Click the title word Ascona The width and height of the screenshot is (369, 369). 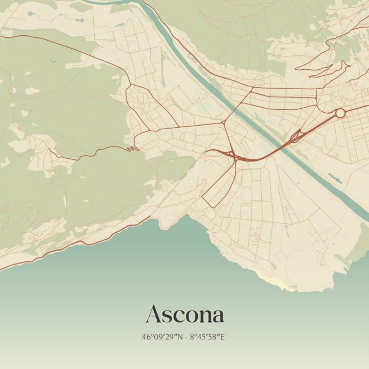pos(184,314)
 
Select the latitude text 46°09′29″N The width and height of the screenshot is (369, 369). pos(162,338)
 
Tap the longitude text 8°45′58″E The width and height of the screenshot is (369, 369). pos(208,338)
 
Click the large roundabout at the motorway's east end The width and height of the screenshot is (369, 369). pos(340,113)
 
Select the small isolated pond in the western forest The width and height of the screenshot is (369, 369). pos(53,60)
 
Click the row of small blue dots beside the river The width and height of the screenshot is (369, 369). pos(334,177)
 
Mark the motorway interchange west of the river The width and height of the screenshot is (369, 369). pos(233,155)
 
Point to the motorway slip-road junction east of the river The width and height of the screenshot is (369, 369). pos(296,136)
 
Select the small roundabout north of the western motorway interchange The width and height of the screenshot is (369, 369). pos(224,122)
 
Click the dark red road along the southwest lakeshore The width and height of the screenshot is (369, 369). pos(77,241)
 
